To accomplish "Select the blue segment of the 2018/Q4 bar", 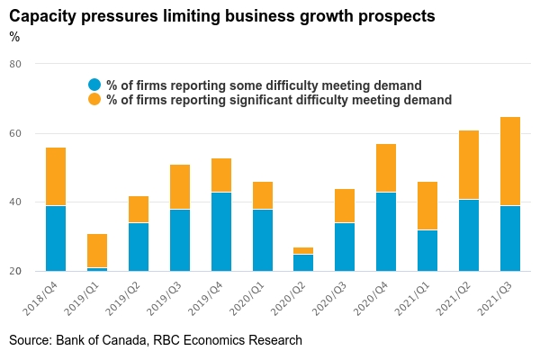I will coord(56,238).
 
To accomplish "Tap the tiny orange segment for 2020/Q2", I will coord(304,250).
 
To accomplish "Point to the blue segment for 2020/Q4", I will coord(386,231).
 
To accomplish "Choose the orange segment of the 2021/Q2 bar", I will coord(469,165).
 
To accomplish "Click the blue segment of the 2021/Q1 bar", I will coord(427,250).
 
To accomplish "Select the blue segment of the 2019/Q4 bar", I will coord(221,231).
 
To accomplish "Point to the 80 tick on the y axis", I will coord(15,65).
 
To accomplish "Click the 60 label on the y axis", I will coord(15,133).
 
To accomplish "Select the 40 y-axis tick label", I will coord(15,202).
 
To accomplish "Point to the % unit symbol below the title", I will coord(14,37).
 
